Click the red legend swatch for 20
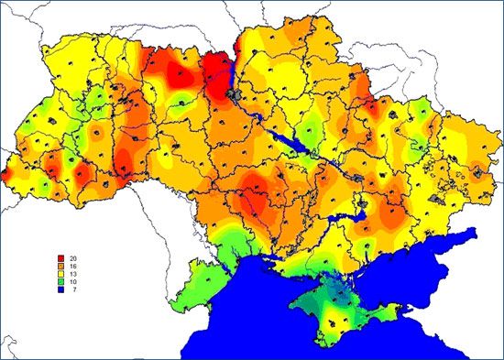pos(60,257)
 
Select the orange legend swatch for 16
pos(60,266)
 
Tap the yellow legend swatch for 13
pos(60,274)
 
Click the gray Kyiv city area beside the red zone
pos(236,94)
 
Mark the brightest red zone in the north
pos(214,69)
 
